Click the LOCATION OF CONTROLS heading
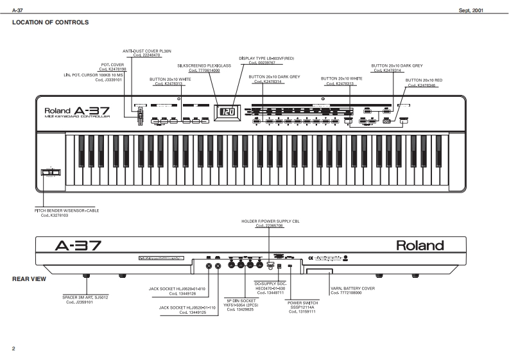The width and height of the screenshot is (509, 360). (x=50, y=22)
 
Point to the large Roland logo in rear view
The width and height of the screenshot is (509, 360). (x=419, y=245)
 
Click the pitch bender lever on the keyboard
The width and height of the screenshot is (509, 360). (x=49, y=172)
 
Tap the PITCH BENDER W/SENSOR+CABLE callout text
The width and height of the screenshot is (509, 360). (x=67, y=210)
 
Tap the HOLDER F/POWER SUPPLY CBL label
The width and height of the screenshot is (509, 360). (x=270, y=221)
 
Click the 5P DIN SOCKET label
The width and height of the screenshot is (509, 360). (x=239, y=300)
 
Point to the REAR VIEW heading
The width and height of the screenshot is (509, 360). (x=29, y=279)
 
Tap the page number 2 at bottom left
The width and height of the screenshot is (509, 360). (x=13, y=348)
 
